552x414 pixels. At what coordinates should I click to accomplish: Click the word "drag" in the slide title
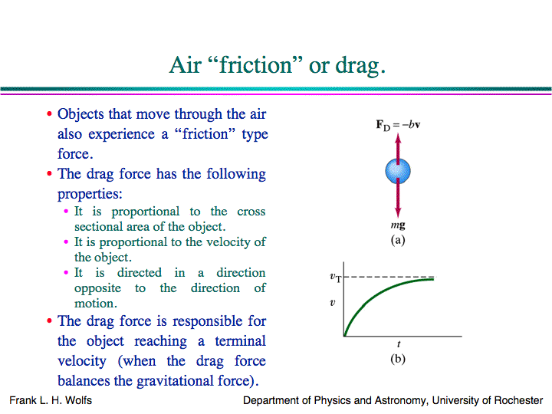tap(357, 66)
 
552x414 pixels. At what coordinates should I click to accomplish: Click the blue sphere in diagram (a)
tap(399, 170)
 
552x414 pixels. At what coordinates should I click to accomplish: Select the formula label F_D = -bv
tap(399, 124)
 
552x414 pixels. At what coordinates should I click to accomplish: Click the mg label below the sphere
tap(398, 226)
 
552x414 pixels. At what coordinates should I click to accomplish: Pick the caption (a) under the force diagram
tap(398, 240)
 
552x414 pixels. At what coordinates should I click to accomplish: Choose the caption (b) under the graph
tap(398, 358)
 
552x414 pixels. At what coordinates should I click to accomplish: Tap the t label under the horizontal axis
tap(399, 345)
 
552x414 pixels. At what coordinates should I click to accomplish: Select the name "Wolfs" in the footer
tap(77, 400)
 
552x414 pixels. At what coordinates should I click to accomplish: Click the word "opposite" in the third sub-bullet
tap(97, 288)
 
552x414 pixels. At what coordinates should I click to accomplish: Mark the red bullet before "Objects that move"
tap(50, 115)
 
